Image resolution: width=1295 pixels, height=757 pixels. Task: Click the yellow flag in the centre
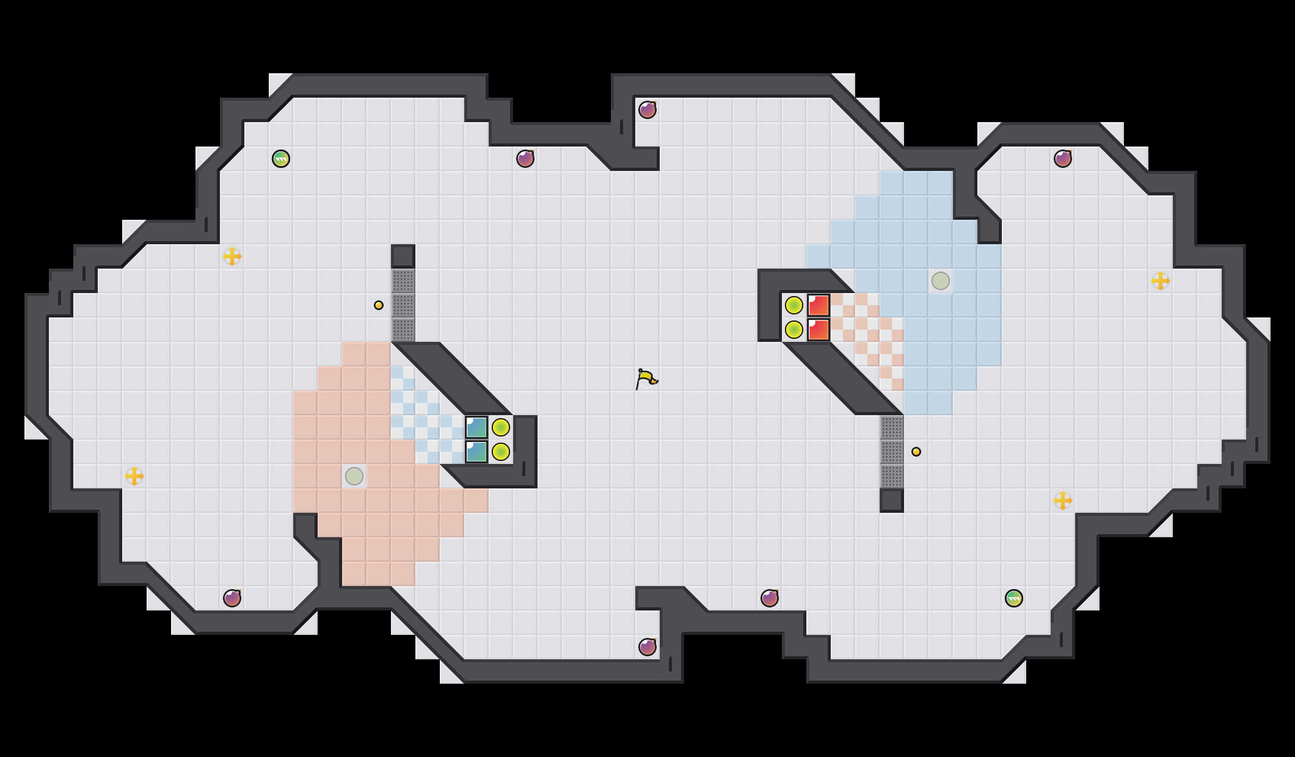click(x=646, y=379)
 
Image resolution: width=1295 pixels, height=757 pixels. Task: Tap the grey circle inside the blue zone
click(x=941, y=281)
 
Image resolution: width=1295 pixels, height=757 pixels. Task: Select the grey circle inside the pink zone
click(x=354, y=476)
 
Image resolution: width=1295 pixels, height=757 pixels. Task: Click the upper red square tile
click(x=819, y=305)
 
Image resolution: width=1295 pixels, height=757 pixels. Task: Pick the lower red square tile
click(x=819, y=330)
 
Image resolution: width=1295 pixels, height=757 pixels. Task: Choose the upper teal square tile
click(x=476, y=427)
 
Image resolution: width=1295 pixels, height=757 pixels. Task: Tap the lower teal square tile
click(x=476, y=452)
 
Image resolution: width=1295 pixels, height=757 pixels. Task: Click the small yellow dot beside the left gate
click(x=379, y=305)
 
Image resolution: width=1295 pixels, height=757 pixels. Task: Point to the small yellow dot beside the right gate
click(x=916, y=452)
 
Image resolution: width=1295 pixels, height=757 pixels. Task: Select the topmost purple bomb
click(x=647, y=110)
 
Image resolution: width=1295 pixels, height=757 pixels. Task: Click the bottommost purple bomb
click(x=647, y=647)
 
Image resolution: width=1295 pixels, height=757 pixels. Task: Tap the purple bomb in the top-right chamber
click(x=1063, y=159)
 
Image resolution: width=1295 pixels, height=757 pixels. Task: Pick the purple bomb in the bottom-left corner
click(x=232, y=598)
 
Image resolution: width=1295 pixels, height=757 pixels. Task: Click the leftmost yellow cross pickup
click(x=134, y=476)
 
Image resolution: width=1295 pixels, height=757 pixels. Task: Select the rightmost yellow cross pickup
click(x=1161, y=281)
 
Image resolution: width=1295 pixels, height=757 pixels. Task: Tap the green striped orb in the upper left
click(x=281, y=159)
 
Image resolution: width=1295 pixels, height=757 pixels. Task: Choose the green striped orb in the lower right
click(x=1014, y=598)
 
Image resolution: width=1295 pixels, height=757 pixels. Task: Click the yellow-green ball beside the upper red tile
click(x=794, y=305)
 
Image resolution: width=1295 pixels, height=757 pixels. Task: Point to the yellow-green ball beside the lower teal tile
click(x=501, y=452)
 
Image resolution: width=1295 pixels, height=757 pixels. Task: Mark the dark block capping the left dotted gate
click(x=403, y=256)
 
